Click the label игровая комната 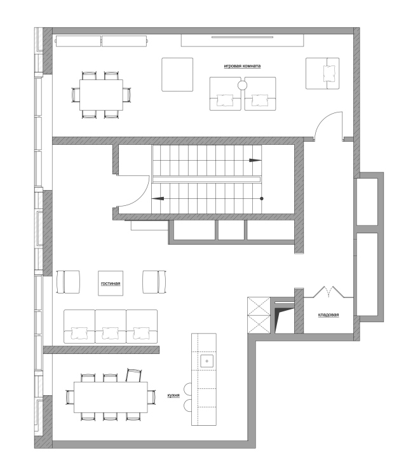click(x=242, y=66)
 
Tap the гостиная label click(x=111, y=283)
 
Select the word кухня click(x=173, y=395)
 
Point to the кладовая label click(x=328, y=315)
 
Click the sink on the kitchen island click(x=207, y=361)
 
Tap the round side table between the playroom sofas click(x=242, y=86)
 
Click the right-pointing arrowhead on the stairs click(x=255, y=160)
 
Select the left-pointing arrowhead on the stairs click(x=158, y=199)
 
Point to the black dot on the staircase click(x=262, y=198)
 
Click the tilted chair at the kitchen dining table click(x=133, y=375)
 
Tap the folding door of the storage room click(x=328, y=292)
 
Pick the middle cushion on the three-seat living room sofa click(x=111, y=333)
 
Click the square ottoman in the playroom click(x=177, y=74)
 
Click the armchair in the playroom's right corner click(x=322, y=73)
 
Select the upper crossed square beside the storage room click(x=259, y=306)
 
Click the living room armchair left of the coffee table click(x=68, y=282)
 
